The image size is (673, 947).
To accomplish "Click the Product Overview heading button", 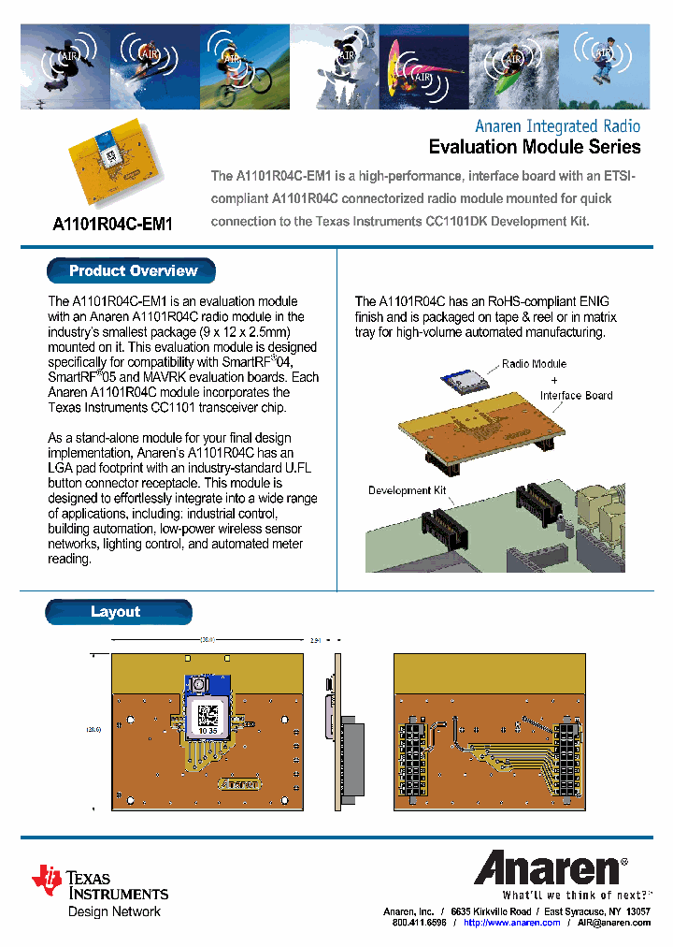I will pos(132,271).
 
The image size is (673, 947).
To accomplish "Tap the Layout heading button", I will pos(117,612).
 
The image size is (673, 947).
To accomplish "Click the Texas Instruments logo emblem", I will pos(47,880).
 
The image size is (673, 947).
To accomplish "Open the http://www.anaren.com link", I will pos(511,923).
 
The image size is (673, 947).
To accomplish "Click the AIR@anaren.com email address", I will pos(613,923).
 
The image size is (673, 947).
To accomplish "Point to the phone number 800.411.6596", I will pos(419,923).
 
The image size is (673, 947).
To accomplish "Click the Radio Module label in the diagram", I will pos(534,364).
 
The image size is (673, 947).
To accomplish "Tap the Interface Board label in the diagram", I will pos(576,396).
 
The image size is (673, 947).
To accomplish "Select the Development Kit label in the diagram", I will pos(407,490).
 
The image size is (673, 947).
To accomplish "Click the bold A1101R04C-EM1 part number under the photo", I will pos(112,225).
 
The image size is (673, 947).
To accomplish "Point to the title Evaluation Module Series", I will pos(534,147).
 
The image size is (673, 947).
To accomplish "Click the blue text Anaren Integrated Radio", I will pos(557,125).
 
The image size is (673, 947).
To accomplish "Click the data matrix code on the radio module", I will pos(207,715).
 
